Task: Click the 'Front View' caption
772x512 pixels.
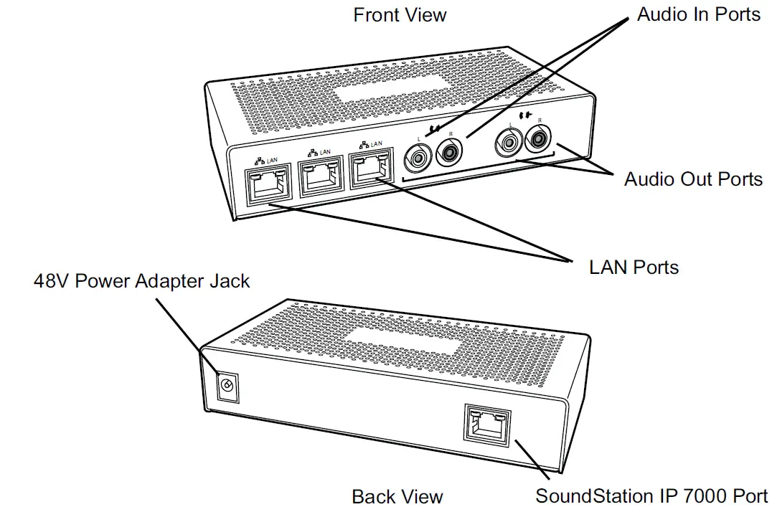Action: [x=400, y=14]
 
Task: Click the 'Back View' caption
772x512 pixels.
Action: [x=397, y=496]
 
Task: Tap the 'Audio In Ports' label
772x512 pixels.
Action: [x=698, y=14]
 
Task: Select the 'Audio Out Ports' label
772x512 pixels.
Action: [x=693, y=179]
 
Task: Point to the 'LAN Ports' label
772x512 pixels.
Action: [x=634, y=267]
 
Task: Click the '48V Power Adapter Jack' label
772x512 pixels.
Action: [x=142, y=280]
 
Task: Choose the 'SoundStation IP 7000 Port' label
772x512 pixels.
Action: [x=651, y=496]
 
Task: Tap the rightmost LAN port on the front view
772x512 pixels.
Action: [x=371, y=173]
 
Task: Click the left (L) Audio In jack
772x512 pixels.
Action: [x=418, y=154]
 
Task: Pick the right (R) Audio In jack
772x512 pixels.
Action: [x=450, y=151]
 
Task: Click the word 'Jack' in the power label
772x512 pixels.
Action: [x=228, y=280]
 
